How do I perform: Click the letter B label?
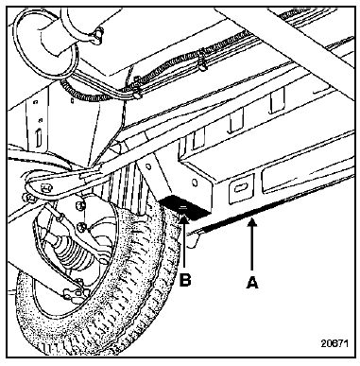coord(185,280)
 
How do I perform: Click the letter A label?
coord(252,282)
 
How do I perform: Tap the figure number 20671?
coord(334,343)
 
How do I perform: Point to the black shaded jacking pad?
coord(185,206)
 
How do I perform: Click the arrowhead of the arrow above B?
coord(184,217)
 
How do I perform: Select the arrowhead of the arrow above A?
coord(252,222)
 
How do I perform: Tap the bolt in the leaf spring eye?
coord(45,187)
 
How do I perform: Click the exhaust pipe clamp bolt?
coord(97,32)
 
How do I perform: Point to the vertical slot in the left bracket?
coord(39,137)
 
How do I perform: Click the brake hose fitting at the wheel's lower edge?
coord(72,295)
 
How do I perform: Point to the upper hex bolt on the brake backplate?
coord(81,205)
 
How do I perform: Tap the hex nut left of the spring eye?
coord(27,198)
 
